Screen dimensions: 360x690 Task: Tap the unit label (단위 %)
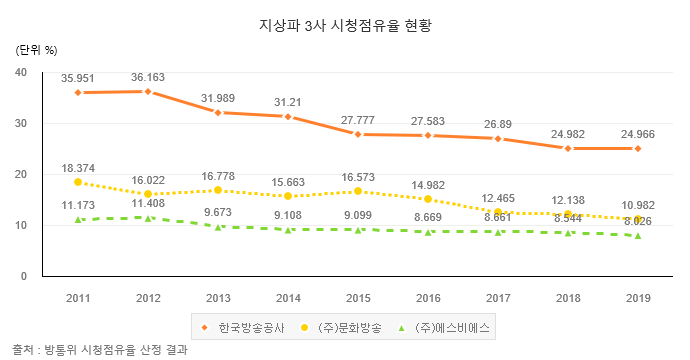tap(37, 49)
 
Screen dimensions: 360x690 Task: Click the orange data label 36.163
tap(148, 75)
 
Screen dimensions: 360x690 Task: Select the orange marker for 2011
tap(78, 92)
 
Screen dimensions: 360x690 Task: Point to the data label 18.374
tap(78, 165)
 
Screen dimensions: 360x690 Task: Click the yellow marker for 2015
tap(358, 191)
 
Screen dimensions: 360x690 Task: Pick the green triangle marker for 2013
tap(218, 226)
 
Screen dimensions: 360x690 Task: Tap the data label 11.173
tap(78, 204)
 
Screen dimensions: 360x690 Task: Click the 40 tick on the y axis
tap(21, 72)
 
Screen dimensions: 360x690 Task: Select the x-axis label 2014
tap(288, 298)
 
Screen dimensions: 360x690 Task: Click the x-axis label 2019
tap(638, 298)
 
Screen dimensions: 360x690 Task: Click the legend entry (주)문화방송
tap(344, 327)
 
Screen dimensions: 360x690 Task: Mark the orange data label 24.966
tap(638, 131)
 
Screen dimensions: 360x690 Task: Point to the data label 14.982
tap(428, 182)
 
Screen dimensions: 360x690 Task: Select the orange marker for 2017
tap(498, 139)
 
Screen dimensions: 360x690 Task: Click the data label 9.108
tap(288, 213)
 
